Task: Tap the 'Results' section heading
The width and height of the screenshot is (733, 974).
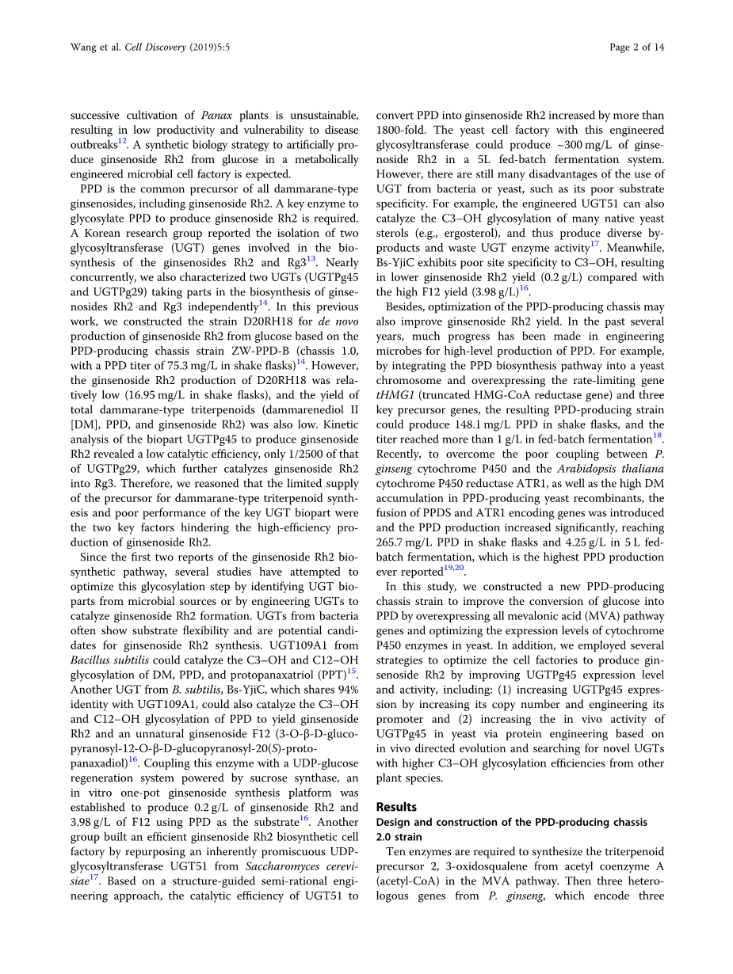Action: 396,807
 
